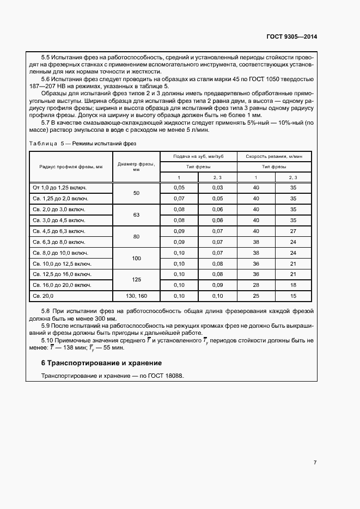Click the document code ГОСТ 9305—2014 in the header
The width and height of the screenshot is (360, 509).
291,37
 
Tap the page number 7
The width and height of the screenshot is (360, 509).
315,462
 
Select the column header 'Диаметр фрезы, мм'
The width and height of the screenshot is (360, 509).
136,167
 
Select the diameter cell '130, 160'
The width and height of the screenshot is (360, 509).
136,296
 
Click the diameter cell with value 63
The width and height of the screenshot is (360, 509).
136,214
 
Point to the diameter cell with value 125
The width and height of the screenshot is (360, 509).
136,279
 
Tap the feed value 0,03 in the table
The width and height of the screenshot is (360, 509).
217,188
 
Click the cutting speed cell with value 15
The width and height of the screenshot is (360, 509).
293,296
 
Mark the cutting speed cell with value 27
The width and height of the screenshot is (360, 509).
293,231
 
